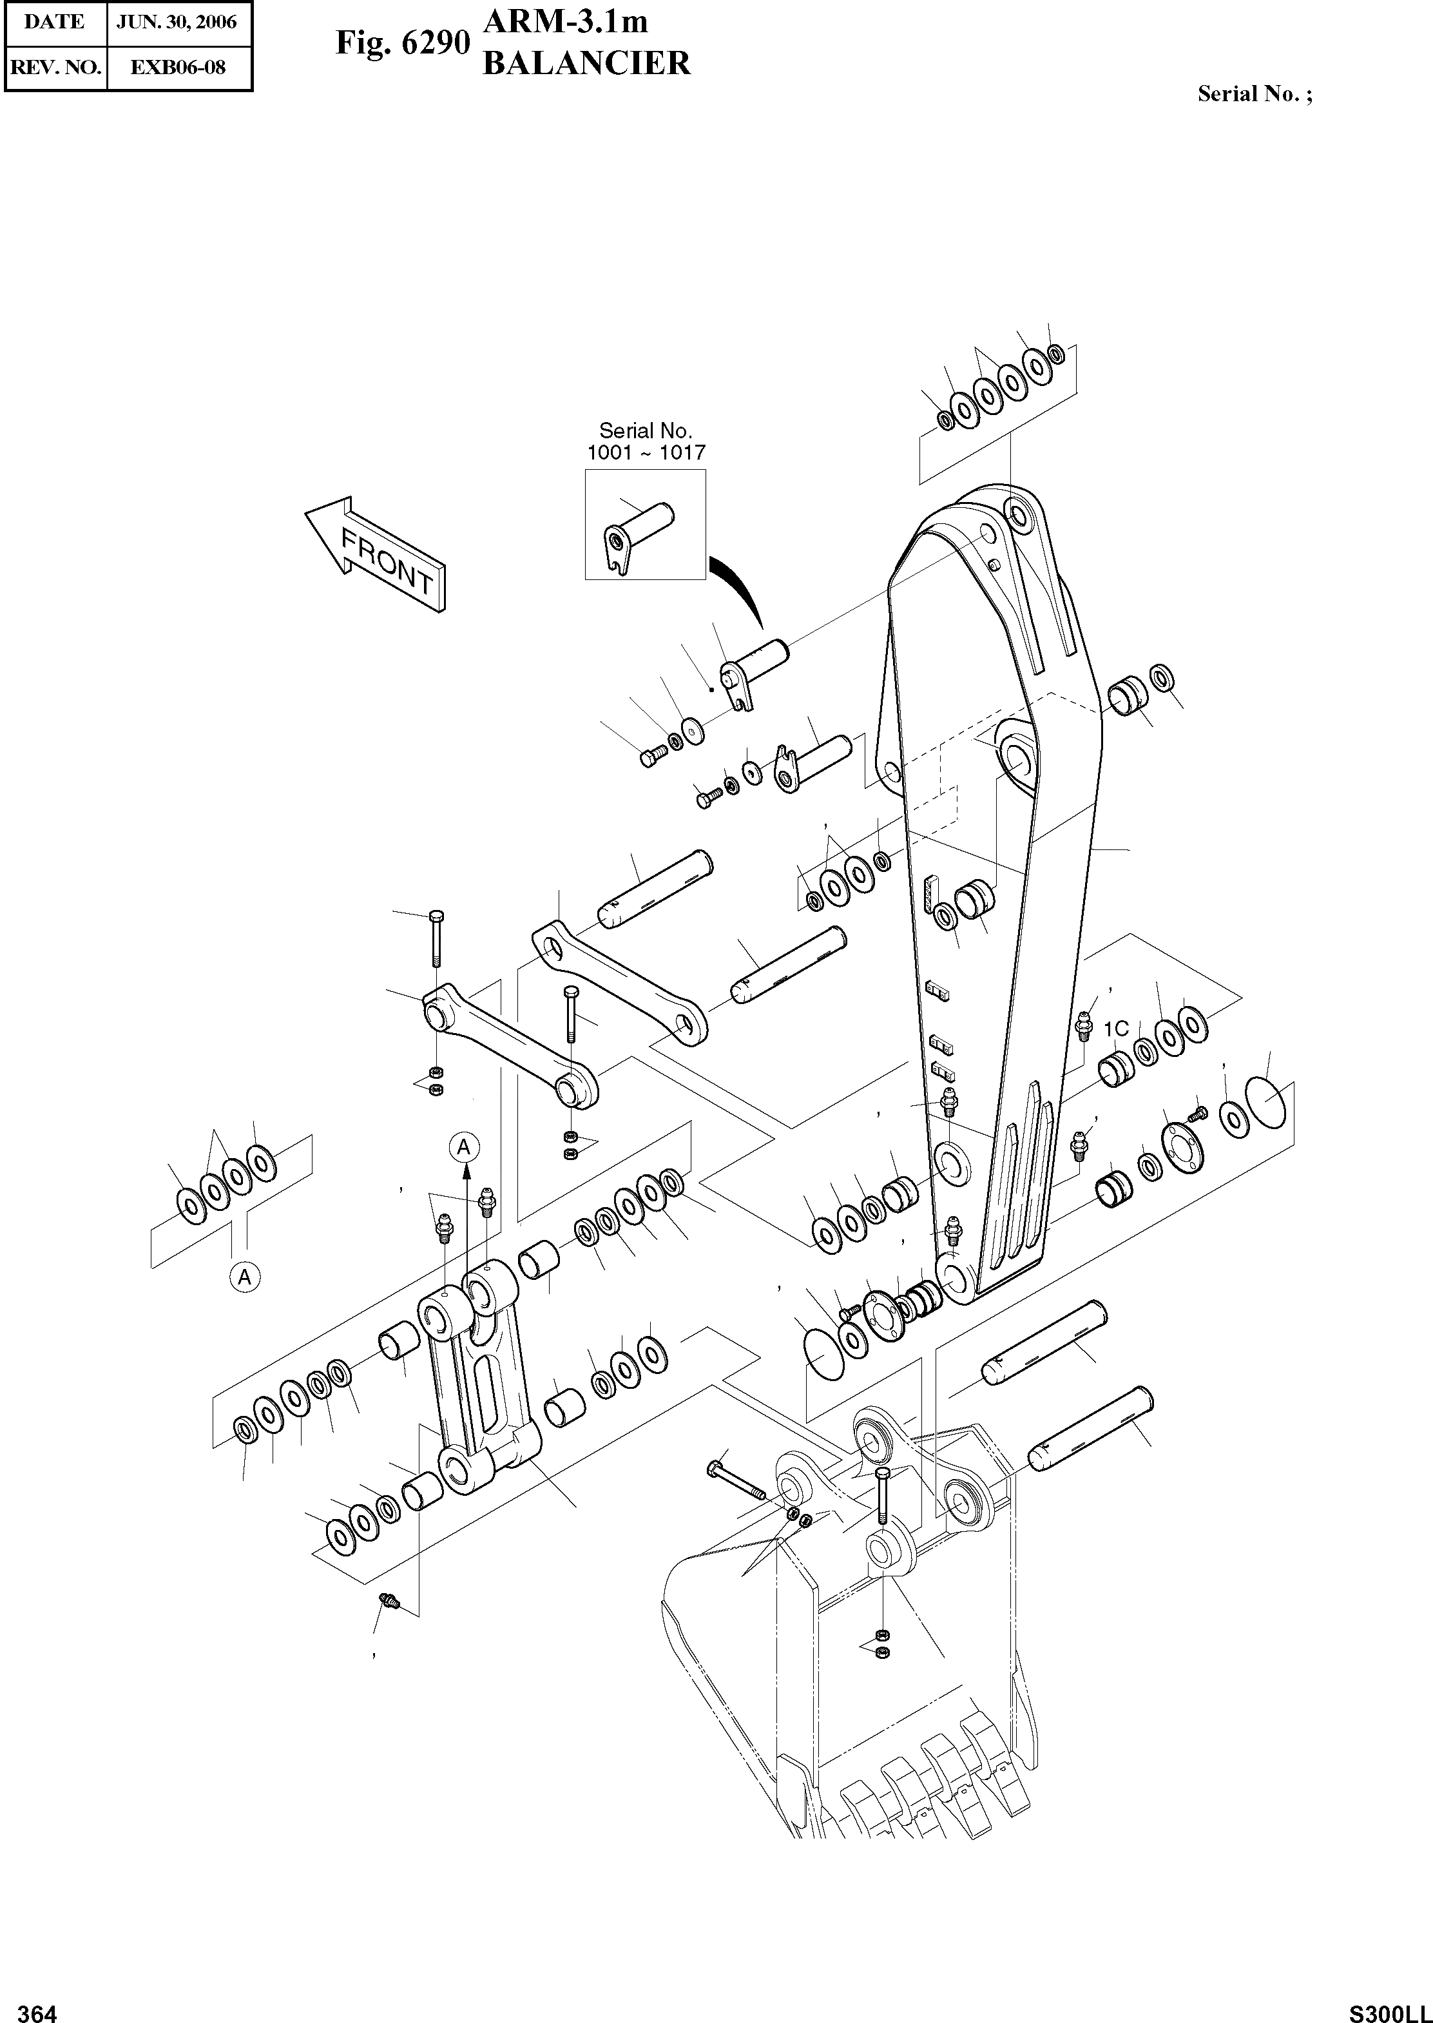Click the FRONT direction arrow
click(376, 554)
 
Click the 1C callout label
click(1116, 1029)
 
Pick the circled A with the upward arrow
click(464, 1147)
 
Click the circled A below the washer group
click(245, 1275)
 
